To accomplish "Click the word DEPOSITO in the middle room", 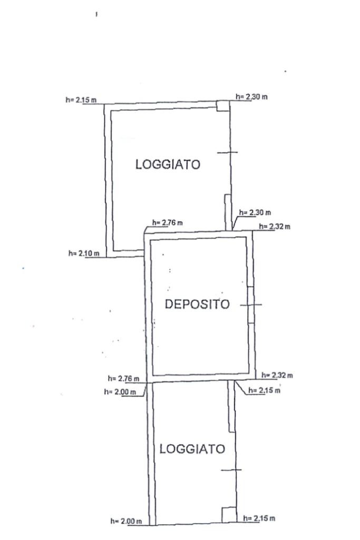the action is [x=198, y=304].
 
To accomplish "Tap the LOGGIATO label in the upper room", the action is [x=168, y=164].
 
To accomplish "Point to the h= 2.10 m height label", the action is [x=84, y=253].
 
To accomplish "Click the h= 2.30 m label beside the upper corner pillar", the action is [x=251, y=97].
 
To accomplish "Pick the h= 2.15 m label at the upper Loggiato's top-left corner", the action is [x=81, y=100].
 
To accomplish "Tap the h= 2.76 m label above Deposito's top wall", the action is [x=168, y=223].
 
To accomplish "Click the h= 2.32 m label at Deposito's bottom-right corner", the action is [x=278, y=375].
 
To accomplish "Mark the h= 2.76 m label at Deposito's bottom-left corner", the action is [x=123, y=378].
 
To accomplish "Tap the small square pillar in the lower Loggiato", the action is [x=229, y=514].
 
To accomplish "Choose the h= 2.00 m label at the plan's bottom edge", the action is [x=126, y=521].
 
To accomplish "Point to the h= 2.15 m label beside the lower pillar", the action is [x=259, y=518].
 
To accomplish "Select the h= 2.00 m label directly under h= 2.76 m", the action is [x=120, y=391].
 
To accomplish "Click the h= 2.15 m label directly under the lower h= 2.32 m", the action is [x=264, y=390].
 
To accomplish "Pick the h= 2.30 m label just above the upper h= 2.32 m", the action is [x=255, y=213].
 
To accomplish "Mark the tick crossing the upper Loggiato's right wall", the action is [x=227, y=152].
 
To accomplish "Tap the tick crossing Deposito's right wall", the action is [x=251, y=305].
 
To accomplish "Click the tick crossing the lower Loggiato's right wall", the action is [x=231, y=469].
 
